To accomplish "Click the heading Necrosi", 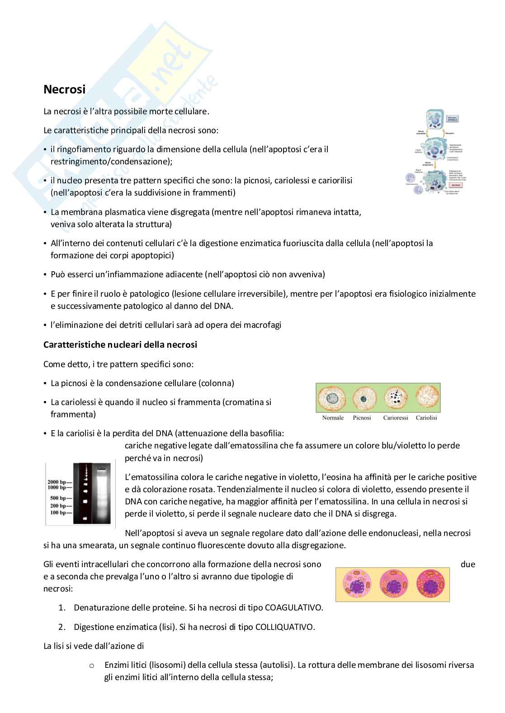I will [x=64, y=89].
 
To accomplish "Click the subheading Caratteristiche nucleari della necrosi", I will [x=120, y=345].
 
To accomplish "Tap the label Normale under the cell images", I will [x=333, y=418].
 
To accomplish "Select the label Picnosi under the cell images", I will [x=362, y=418].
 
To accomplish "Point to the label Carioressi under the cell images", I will [x=396, y=418].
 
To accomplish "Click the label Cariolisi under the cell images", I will [x=426, y=418].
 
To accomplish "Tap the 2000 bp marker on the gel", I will [x=60, y=482].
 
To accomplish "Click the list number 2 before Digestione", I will [x=62, y=627].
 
